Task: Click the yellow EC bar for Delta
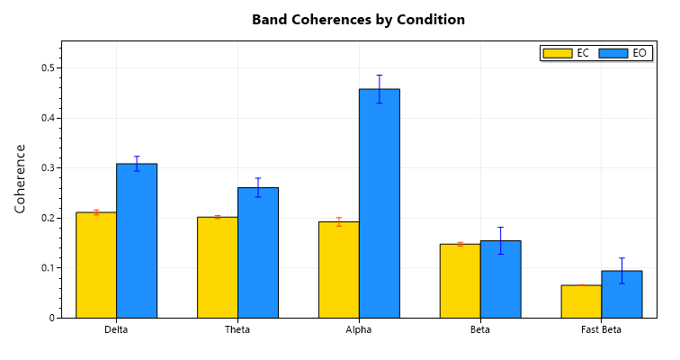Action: pyautogui.click(x=96, y=265)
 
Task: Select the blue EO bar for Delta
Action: pyautogui.click(x=137, y=240)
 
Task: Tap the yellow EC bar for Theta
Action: pyautogui.click(x=218, y=267)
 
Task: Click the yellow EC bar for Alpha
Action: pyautogui.click(x=339, y=269)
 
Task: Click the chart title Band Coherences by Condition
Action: pyautogui.click(x=358, y=19)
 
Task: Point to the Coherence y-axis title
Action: pyautogui.click(x=21, y=178)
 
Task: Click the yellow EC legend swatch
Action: pyautogui.click(x=558, y=53)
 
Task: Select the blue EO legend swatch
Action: pyautogui.click(x=613, y=53)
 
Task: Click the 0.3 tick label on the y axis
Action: pyautogui.click(x=48, y=167)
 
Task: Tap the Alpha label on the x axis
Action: pyautogui.click(x=359, y=330)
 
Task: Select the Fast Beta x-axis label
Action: pyautogui.click(x=601, y=330)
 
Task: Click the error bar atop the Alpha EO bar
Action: pyautogui.click(x=380, y=88)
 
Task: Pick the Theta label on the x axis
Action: pyautogui.click(x=237, y=330)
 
